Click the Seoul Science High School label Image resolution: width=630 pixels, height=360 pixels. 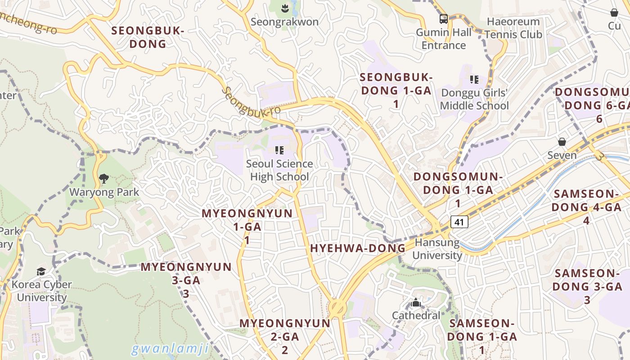point(279,170)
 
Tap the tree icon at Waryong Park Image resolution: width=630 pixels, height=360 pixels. point(104,179)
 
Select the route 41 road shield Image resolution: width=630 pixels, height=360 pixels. point(459,221)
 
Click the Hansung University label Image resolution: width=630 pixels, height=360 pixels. point(437,249)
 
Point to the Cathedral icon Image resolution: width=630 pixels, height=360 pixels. point(416,302)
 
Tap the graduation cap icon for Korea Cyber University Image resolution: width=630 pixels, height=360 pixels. point(41,271)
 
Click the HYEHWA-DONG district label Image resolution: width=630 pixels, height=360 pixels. point(358,248)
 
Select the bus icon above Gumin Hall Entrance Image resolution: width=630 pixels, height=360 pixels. point(444,19)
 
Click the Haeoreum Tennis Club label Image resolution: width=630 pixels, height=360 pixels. point(513,28)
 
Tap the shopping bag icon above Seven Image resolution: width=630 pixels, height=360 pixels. point(562,142)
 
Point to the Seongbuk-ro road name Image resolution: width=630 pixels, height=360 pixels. point(251,102)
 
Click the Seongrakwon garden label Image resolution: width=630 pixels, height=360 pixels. point(284,22)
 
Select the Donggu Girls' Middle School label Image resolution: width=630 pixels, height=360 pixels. point(474,99)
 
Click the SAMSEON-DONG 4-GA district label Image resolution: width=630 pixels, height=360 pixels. point(586,207)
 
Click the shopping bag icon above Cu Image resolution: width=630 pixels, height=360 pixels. point(614,13)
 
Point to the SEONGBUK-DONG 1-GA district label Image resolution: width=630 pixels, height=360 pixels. point(396,90)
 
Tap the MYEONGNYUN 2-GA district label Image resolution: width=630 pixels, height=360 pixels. point(285,336)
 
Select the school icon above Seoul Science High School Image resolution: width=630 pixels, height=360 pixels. point(279,150)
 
